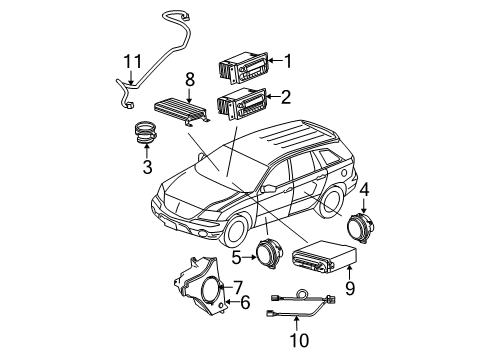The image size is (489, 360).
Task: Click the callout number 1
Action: coord(287,61)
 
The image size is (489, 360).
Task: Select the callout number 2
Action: coord(287,98)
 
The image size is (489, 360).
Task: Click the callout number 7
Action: coord(237,286)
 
